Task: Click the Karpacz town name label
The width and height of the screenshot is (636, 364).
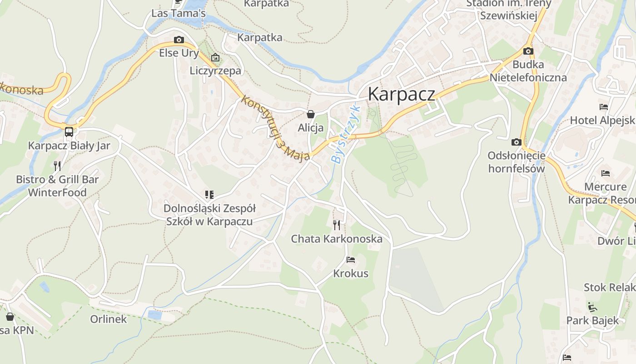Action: click(401, 94)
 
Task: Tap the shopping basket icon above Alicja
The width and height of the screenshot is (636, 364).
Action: click(311, 114)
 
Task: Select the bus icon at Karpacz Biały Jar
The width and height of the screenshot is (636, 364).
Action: click(69, 132)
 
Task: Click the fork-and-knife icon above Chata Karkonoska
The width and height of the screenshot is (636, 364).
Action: click(337, 225)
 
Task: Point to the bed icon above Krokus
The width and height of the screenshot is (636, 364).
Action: click(351, 260)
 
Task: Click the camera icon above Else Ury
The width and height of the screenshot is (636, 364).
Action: click(179, 40)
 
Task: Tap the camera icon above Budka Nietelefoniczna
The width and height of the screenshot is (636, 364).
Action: click(528, 51)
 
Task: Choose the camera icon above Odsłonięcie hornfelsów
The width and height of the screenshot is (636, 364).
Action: click(516, 142)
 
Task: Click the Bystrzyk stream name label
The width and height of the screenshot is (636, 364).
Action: click(345, 135)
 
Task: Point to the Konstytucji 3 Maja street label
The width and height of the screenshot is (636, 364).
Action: click(276, 128)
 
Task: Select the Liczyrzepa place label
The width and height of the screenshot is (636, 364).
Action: click(215, 71)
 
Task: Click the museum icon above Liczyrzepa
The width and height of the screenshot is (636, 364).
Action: click(215, 57)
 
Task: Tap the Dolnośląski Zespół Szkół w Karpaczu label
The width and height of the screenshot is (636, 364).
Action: click(209, 215)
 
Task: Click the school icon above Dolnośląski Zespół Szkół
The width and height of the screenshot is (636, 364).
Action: click(209, 195)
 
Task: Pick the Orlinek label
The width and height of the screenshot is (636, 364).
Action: click(109, 319)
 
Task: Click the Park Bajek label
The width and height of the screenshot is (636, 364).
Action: click(592, 320)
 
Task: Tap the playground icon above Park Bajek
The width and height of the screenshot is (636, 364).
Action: click(592, 307)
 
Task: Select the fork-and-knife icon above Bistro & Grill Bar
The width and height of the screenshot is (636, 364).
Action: click(57, 166)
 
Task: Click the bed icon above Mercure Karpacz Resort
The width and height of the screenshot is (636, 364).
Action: click(605, 173)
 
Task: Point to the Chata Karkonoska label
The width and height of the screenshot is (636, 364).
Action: click(337, 239)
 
